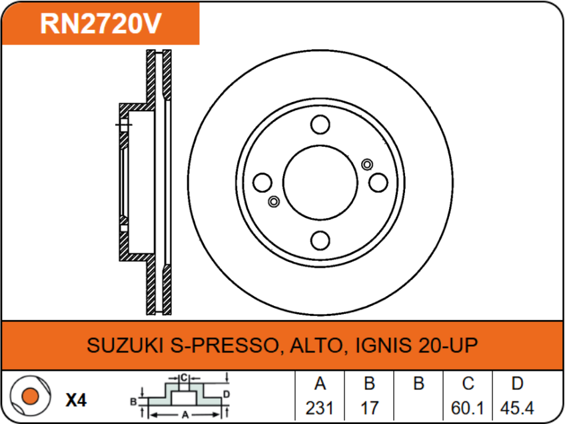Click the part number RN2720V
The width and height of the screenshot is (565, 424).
(x=101, y=24)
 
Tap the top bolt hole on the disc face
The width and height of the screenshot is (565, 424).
(x=320, y=125)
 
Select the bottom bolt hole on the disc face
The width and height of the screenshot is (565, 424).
(x=320, y=240)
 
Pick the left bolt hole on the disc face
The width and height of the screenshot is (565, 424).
(x=263, y=182)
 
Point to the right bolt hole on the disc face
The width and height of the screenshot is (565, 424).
(x=378, y=182)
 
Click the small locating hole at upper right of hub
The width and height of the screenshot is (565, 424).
(x=366, y=164)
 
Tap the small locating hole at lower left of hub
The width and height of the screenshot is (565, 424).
(x=273, y=201)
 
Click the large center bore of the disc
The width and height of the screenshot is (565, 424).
(x=320, y=182)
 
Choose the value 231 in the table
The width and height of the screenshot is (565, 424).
(x=319, y=407)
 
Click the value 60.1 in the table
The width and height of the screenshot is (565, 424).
(x=468, y=407)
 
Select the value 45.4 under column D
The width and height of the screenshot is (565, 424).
(x=517, y=407)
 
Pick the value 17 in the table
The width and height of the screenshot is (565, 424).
(x=369, y=407)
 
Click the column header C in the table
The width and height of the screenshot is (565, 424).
(x=468, y=383)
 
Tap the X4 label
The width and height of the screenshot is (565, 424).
(x=76, y=400)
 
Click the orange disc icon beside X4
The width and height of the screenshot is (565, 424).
(x=28, y=398)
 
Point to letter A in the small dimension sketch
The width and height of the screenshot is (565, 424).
(x=185, y=414)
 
